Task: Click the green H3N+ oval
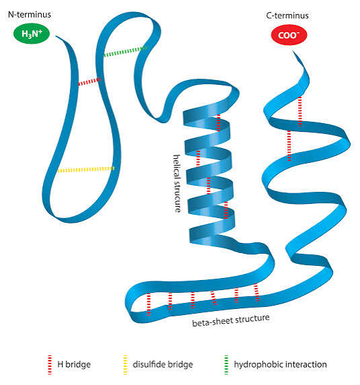pos(32,34)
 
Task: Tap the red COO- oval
pos(289,35)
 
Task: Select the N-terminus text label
pos(30,15)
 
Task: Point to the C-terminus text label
pos(287,15)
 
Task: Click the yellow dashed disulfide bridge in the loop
pos(86,170)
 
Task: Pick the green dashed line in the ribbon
pos(125,51)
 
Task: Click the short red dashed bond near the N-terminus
pos(89,81)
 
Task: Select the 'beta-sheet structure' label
pos(231,320)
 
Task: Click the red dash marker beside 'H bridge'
pos(50,365)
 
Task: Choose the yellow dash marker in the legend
pos(125,365)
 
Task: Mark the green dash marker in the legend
pos(226,365)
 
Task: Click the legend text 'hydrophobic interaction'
pos(280,364)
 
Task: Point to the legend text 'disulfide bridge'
pos(163,364)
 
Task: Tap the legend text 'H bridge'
pos(74,364)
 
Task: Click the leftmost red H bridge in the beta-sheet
pos(149,304)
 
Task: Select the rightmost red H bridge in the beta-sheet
pos(256,292)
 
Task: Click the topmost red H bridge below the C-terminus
pos(300,111)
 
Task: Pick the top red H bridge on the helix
pos(219,122)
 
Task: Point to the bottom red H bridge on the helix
pos(226,210)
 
